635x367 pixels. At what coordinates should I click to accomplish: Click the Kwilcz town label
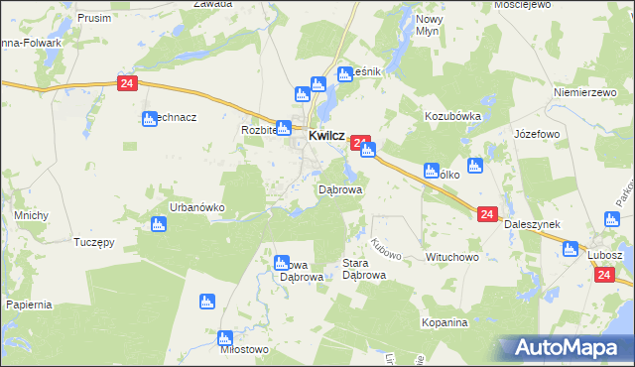click(x=326, y=136)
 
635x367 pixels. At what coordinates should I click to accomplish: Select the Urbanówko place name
click(x=196, y=207)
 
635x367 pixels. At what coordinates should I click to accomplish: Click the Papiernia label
click(x=28, y=305)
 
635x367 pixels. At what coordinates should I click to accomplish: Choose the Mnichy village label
click(x=26, y=214)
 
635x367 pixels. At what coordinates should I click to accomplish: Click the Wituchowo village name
click(x=452, y=257)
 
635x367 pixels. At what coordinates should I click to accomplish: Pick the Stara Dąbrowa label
click(x=363, y=270)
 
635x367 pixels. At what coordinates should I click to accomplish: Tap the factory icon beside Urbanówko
click(x=158, y=225)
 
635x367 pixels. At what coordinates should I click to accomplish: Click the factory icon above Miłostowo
click(x=207, y=301)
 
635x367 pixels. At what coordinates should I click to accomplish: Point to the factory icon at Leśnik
click(x=344, y=72)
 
